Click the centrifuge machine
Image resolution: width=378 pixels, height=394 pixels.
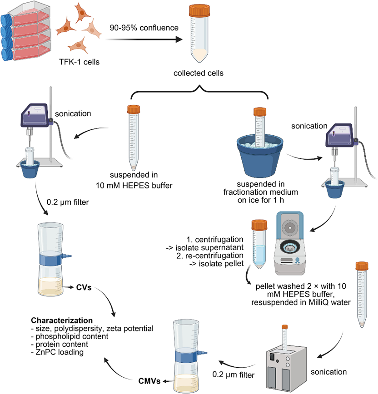(289, 246)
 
